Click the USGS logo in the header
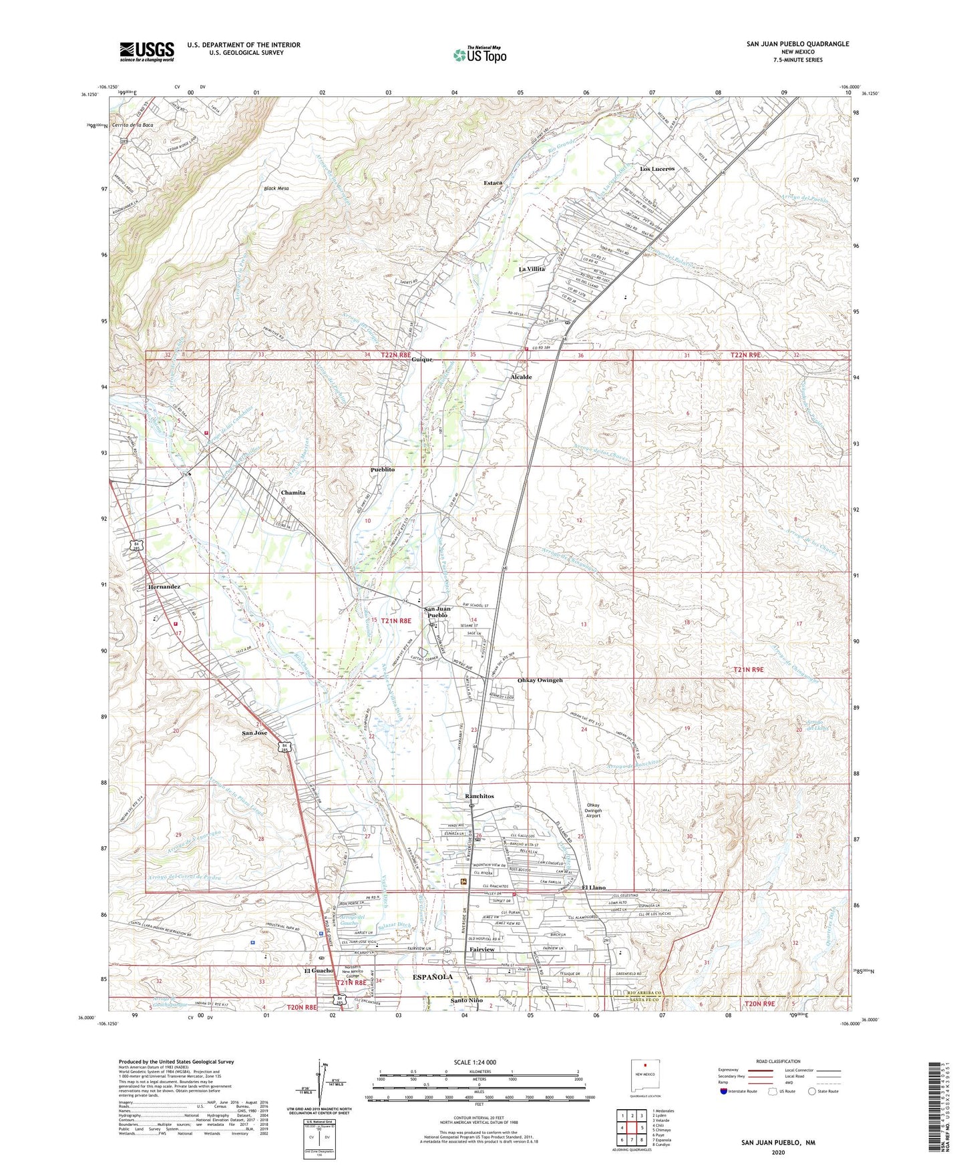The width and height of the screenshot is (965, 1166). pos(147,51)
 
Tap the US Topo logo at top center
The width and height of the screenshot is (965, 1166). pos(479,55)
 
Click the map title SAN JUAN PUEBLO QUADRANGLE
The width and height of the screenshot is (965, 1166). pos(797,44)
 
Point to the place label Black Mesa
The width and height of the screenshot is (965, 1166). pos(276,189)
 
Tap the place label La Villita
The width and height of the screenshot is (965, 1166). pos(532,269)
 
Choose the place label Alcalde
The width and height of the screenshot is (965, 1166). pos(521,377)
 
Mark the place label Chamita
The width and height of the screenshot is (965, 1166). pos(293,492)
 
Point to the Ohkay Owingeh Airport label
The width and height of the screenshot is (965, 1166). pos(594,810)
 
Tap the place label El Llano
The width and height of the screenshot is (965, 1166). pos(593,888)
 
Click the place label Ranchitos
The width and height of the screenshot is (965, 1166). pos(479,796)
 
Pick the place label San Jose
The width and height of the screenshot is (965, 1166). pos(254,733)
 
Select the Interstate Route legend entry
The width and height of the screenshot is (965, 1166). pos(743,1091)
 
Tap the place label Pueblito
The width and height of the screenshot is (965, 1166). pos(382,469)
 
